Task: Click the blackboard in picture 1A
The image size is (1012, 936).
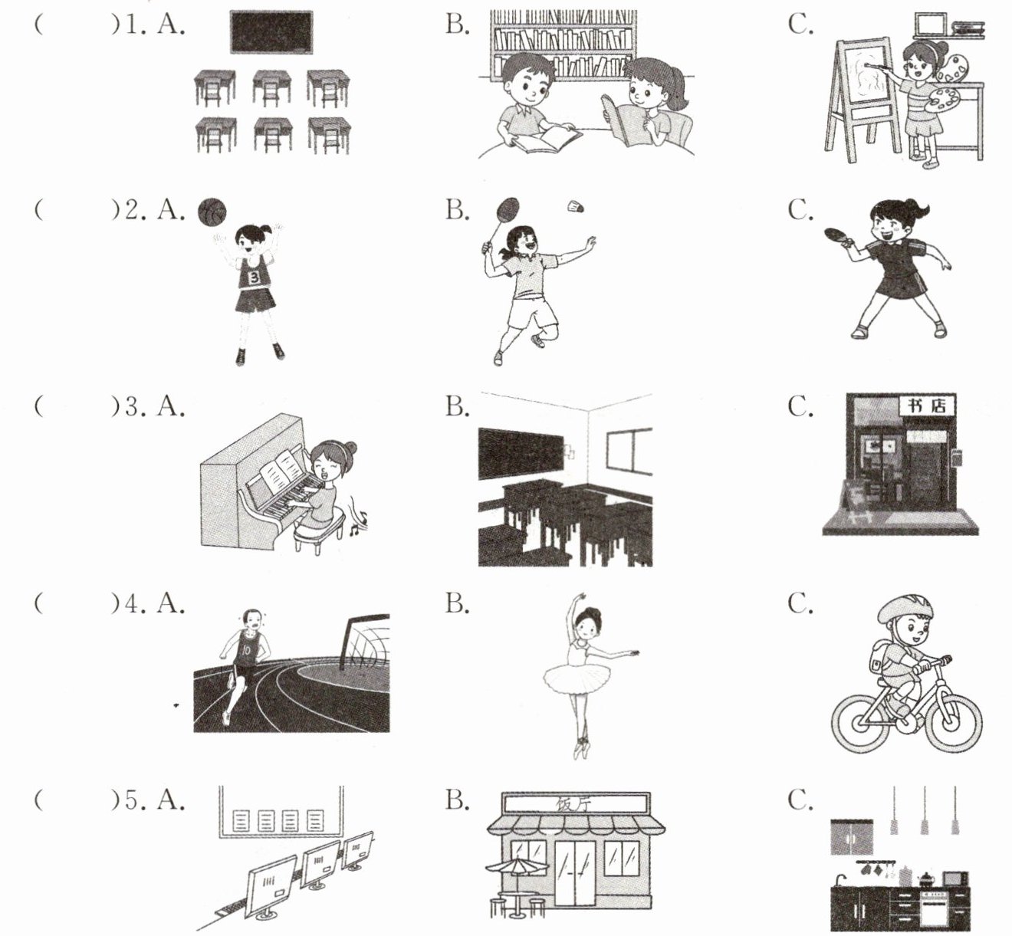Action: point(271,32)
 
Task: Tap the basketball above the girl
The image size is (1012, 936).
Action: point(212,212)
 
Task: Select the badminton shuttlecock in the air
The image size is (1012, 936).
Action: point(576,206)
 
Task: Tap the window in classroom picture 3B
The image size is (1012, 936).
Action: point(629,450)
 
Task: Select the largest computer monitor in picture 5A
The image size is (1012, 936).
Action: point(271,887)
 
